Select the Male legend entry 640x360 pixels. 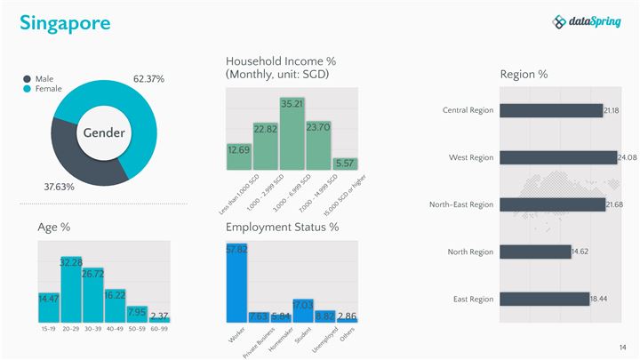[44, 79]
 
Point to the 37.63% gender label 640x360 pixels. [60, 188]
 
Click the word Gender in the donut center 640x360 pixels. [104, 133]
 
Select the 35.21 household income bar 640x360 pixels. [292, 133]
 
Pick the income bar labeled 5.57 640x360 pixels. [345, 164]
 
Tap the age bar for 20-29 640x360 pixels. [71, 289]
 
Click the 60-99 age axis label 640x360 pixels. [159, 329]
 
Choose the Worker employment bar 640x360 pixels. [236, 283]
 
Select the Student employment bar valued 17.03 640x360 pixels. [303, 310]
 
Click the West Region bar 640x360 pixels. [557, 157]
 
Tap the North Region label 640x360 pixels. [470, 252]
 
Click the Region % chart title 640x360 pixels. [524, 74]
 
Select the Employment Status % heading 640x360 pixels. [282, 228]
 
